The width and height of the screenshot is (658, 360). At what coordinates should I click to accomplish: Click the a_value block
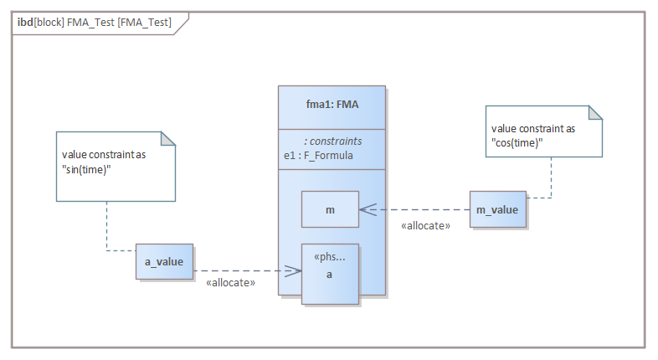click(164, 262)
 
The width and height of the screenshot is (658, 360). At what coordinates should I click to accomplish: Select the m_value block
click(497, 209)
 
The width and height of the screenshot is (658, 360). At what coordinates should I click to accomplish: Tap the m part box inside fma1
click(330, 209)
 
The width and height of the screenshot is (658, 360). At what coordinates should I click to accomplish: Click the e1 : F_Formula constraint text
click(318, 155)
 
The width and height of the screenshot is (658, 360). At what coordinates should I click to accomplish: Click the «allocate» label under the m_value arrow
click(425, 225)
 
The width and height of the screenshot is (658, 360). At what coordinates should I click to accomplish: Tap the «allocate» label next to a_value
click(230, 284)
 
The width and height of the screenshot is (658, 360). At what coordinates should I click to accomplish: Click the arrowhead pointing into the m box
click(366, 209)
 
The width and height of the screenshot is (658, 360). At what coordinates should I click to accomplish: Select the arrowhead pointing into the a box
click(294, 270)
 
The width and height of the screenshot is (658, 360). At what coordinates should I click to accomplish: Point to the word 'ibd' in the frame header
click(25, 23)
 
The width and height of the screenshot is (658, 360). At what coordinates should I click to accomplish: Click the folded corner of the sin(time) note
click(168, 140)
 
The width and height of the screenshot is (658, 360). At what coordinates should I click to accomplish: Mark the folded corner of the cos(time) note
click(595, 114)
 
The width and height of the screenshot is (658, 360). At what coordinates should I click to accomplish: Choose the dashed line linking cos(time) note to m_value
click(552, 180)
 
